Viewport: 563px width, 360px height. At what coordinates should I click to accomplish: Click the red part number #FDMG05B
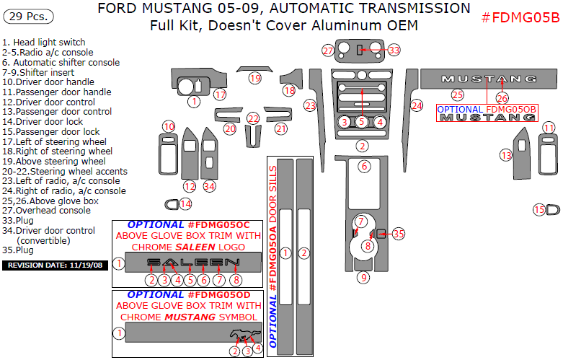click(519, 17)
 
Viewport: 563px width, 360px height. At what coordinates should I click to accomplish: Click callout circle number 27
click(329, 51)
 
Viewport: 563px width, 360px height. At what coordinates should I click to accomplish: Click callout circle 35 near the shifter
click(399, 233)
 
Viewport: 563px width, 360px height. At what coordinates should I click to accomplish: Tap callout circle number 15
click(538, 210)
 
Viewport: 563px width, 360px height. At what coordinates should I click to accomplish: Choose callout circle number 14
click(185, 204)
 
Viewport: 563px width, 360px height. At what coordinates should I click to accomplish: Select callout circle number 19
click(254, 78)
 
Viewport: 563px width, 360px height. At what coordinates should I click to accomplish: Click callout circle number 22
click(253, 118)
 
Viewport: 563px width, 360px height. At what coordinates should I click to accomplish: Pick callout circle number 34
click(209, 186)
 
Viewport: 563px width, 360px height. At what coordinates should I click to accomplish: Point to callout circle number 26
click(502, 98)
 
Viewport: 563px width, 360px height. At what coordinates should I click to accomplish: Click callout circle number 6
click(365, 167)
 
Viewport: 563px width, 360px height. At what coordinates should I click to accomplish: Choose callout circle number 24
click(417, 105)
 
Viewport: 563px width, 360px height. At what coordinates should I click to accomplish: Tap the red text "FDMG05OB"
click(511, 108)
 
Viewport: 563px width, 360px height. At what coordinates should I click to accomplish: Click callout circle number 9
click(364, 277)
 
